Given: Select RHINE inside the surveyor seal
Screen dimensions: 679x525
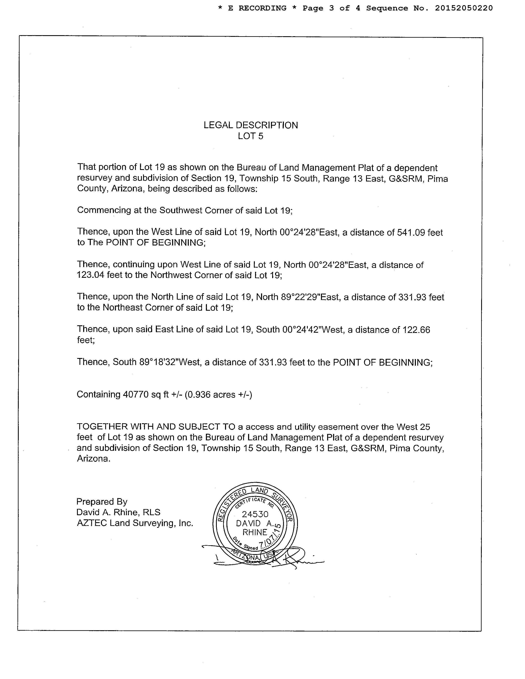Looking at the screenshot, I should (255, 532).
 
